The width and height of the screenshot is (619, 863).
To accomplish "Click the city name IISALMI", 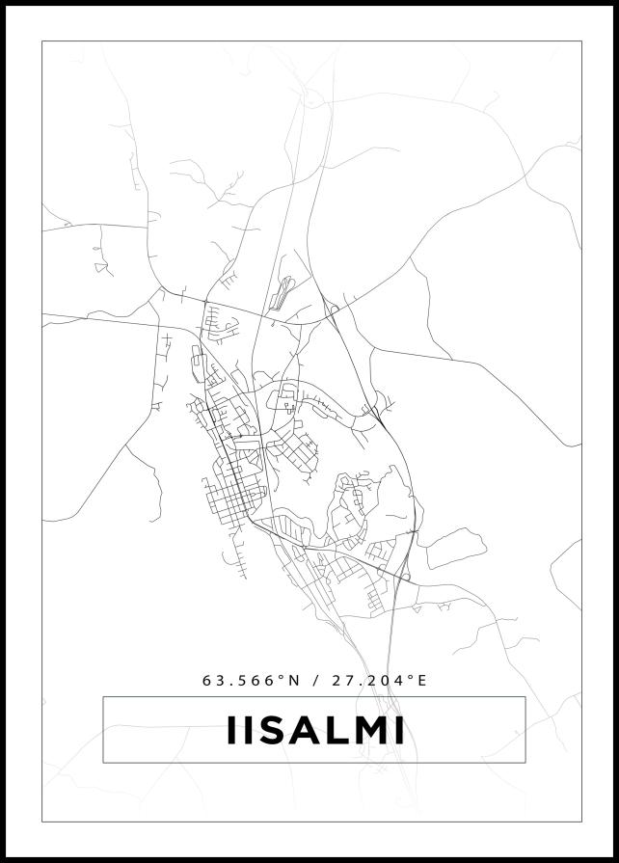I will click(x=314, y=730).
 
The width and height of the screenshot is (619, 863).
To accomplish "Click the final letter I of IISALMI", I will click(x=399, y=730).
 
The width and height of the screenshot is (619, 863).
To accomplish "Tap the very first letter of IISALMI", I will click(x=230, y=730).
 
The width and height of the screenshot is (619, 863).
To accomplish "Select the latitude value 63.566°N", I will click(x=252, y=680).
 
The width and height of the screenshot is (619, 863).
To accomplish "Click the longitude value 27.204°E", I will click(x=379, y=680).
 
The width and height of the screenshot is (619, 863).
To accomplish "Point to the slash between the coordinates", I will click(x=316, y=680).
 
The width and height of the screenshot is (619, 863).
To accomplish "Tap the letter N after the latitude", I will click(x=295, y=680).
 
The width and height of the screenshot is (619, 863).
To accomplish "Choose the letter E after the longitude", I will click(x=421, y=680).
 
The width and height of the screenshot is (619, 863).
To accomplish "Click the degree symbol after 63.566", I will click(x=283, y=677).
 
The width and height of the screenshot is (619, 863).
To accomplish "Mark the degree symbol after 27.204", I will click(x=410, y=677).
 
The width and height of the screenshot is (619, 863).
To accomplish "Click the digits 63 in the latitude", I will click(x=212, y=680).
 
